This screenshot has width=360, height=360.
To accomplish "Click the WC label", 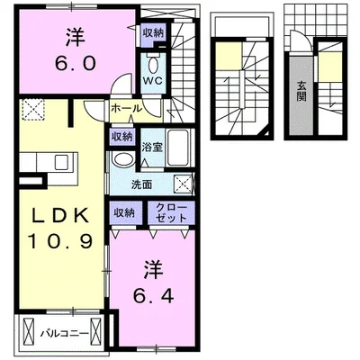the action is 152,81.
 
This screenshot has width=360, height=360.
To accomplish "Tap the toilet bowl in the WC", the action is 153,64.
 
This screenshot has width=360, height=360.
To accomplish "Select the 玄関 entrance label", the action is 301,92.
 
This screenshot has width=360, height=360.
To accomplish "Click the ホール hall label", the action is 126,109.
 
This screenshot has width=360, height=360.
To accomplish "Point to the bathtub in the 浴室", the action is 178,148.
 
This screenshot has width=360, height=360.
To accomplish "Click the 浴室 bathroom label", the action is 152,147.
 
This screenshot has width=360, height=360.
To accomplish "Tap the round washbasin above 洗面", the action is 123,159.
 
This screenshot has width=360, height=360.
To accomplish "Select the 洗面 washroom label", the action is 141,184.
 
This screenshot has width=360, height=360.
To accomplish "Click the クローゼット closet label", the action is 172,212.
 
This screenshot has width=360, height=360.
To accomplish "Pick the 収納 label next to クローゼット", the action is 123,213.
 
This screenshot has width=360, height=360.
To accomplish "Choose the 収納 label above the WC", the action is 153,33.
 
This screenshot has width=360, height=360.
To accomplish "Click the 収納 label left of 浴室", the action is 121,137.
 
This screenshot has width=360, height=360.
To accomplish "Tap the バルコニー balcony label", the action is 65,333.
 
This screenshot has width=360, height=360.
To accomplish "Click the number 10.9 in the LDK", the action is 60,241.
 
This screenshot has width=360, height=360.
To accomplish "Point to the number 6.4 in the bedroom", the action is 153,297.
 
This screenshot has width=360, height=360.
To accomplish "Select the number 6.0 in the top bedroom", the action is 75,64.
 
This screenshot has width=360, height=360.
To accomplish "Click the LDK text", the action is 60,215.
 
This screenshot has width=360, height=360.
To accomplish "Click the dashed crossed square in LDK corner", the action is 33,110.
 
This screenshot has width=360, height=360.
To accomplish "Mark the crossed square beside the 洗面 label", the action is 183,183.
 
